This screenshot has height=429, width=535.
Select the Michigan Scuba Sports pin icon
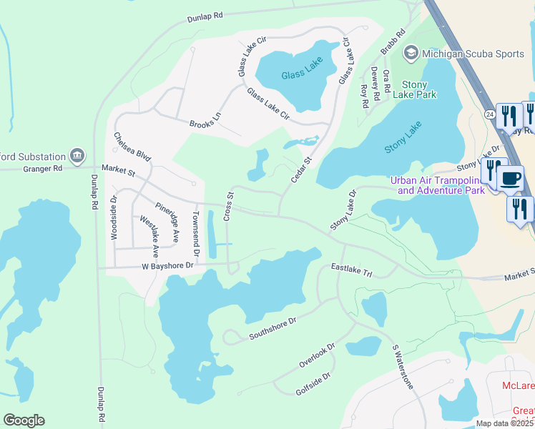[411, 53]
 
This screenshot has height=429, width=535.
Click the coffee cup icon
[510, 179]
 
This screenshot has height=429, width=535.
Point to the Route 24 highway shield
[489, 114]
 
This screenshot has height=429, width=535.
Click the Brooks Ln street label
[205, 124]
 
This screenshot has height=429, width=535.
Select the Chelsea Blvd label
[132, 147]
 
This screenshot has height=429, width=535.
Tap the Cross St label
[230, 206]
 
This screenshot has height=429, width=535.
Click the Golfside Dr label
[313, 384]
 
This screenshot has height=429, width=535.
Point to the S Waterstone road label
[402, 367]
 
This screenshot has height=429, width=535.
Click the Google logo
[24, 420]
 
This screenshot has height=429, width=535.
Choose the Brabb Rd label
[393, 42]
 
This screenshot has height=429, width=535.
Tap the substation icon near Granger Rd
[77, 155]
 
